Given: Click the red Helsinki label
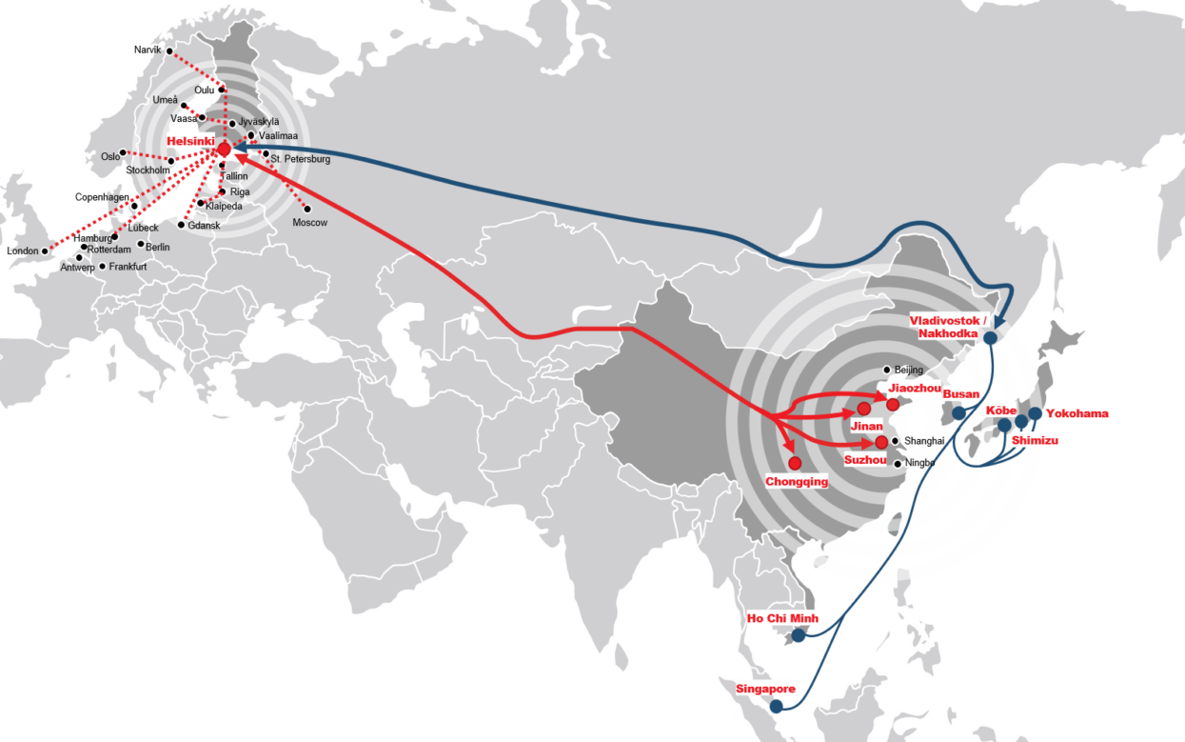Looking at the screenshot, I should point(190,141).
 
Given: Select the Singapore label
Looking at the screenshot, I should point(765,689).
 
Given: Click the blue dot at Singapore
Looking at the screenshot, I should point(777,707).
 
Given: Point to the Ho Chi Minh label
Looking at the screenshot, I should point(782,618).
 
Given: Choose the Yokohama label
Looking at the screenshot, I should point(1076,414).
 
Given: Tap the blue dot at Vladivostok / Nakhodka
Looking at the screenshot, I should point(990,337).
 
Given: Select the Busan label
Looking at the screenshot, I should point(960,394).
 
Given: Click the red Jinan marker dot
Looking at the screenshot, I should point(863,409).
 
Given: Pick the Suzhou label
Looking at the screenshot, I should point(865,459).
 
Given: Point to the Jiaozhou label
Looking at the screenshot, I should point(915,389).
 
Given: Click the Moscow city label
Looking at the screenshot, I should point(310,222).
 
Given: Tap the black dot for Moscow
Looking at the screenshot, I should point(306,209).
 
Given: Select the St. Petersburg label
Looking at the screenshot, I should point(301,159).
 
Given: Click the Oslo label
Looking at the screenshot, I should point(110,157).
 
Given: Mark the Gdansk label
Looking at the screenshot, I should point(204,226).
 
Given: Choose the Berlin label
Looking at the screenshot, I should point(158,247).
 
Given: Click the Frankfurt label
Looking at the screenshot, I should point(128,267).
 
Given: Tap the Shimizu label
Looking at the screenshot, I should point(1035,441).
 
